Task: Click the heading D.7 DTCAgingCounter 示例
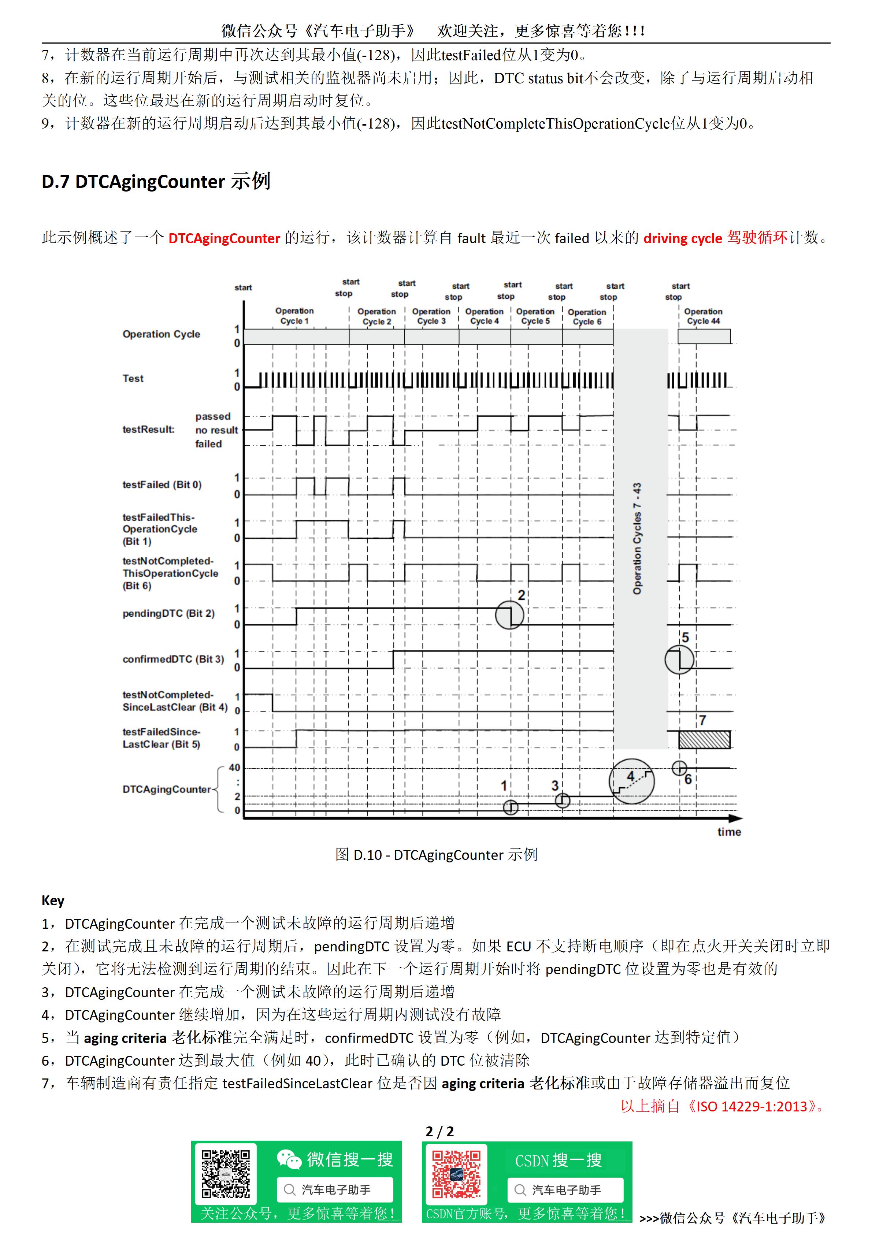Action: (x=156, y=182)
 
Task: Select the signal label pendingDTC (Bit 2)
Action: (x=168, y=613)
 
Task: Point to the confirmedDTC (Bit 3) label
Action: (x=173, y=659)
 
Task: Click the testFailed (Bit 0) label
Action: (x=162, y=484)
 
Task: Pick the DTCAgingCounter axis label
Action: (x=167, y=789)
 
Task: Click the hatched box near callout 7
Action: (x=704, y=739)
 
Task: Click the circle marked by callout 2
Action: (x=509, y=615)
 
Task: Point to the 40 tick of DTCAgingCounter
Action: (x=235, y=768)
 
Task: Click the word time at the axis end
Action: (x=729, y=832)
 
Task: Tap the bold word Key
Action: (x=53, y=900)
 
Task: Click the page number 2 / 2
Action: (x=439, y=1132)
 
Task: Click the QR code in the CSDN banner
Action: (x=456, y=1174)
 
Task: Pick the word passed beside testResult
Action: (x=213, y=416)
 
